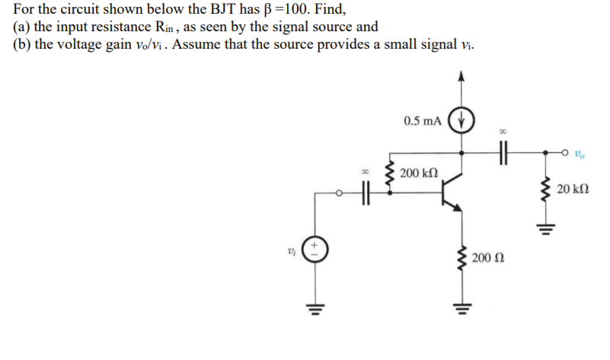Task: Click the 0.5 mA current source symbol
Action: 461,121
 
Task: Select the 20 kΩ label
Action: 573,189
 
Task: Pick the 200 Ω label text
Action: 487,260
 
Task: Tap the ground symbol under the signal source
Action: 315,308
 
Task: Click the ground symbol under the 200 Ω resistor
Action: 461,308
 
